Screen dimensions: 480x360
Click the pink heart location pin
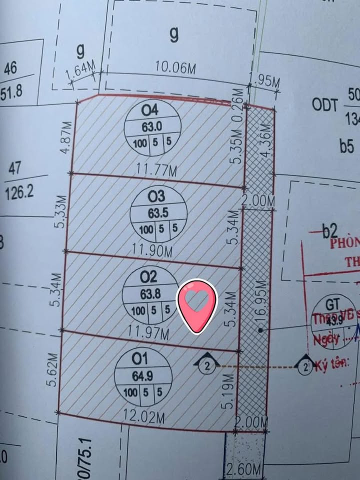tap(198, 305)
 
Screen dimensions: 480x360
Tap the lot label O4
tap(149, 109)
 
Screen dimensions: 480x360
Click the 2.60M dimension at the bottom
tap(244, 470)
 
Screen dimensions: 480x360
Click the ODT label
tap(325, 104)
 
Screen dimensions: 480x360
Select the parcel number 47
tap(15, 168)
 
